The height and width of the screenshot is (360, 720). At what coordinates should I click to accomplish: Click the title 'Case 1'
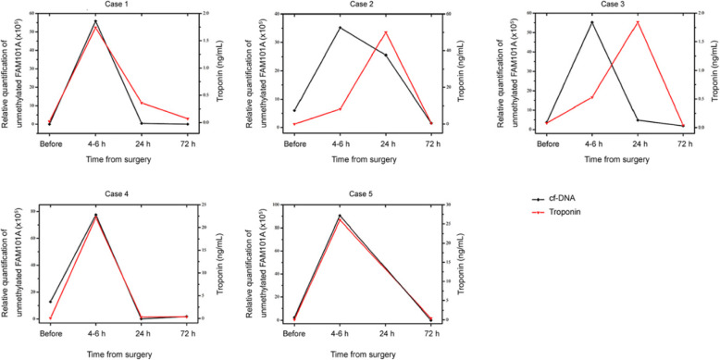(118, 6)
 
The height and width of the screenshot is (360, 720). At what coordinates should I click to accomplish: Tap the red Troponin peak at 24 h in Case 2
(386, 32)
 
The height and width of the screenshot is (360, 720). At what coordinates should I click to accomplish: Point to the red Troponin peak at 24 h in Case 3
(637, 22)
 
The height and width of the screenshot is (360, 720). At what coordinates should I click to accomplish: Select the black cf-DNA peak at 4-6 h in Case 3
(592, 22)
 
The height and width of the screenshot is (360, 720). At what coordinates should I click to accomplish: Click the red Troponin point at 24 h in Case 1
(142, 103)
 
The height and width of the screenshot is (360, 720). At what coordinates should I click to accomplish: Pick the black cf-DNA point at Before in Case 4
(50, 302)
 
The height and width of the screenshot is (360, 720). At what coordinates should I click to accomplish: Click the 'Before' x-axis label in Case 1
(50, 143)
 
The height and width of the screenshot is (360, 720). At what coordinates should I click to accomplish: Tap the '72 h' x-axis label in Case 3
(682, 143)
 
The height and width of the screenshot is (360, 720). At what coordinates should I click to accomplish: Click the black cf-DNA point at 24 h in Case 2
(386, 56)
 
